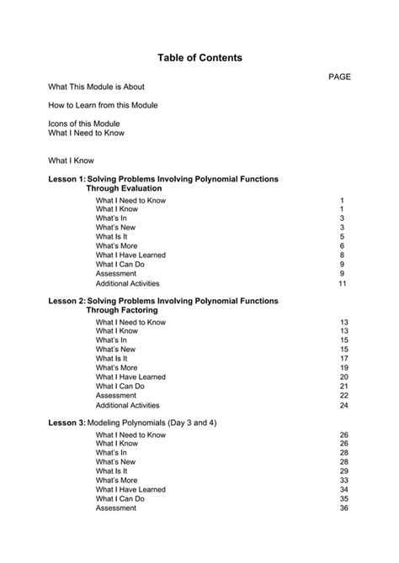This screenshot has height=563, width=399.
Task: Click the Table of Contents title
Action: point(199,58)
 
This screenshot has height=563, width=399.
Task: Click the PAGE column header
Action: point(339,76)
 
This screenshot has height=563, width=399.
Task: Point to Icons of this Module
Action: point(84,124)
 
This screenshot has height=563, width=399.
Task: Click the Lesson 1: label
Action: point(66,180)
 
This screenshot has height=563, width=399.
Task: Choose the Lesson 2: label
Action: point(66,300)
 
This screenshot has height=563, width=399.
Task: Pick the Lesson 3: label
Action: point(66,423)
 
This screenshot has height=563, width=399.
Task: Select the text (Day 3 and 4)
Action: point(189,423)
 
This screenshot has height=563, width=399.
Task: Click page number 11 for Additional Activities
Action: point(343,284)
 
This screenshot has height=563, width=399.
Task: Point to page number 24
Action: point(343,405)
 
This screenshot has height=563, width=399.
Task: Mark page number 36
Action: point(343,508)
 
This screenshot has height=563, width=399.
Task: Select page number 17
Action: point(343,359)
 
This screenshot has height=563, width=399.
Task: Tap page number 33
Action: point(343,481)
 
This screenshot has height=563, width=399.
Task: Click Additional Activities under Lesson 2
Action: point(128,405)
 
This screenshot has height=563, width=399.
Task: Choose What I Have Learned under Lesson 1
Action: point(130,255)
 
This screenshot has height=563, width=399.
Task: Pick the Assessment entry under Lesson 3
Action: point(115,508)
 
